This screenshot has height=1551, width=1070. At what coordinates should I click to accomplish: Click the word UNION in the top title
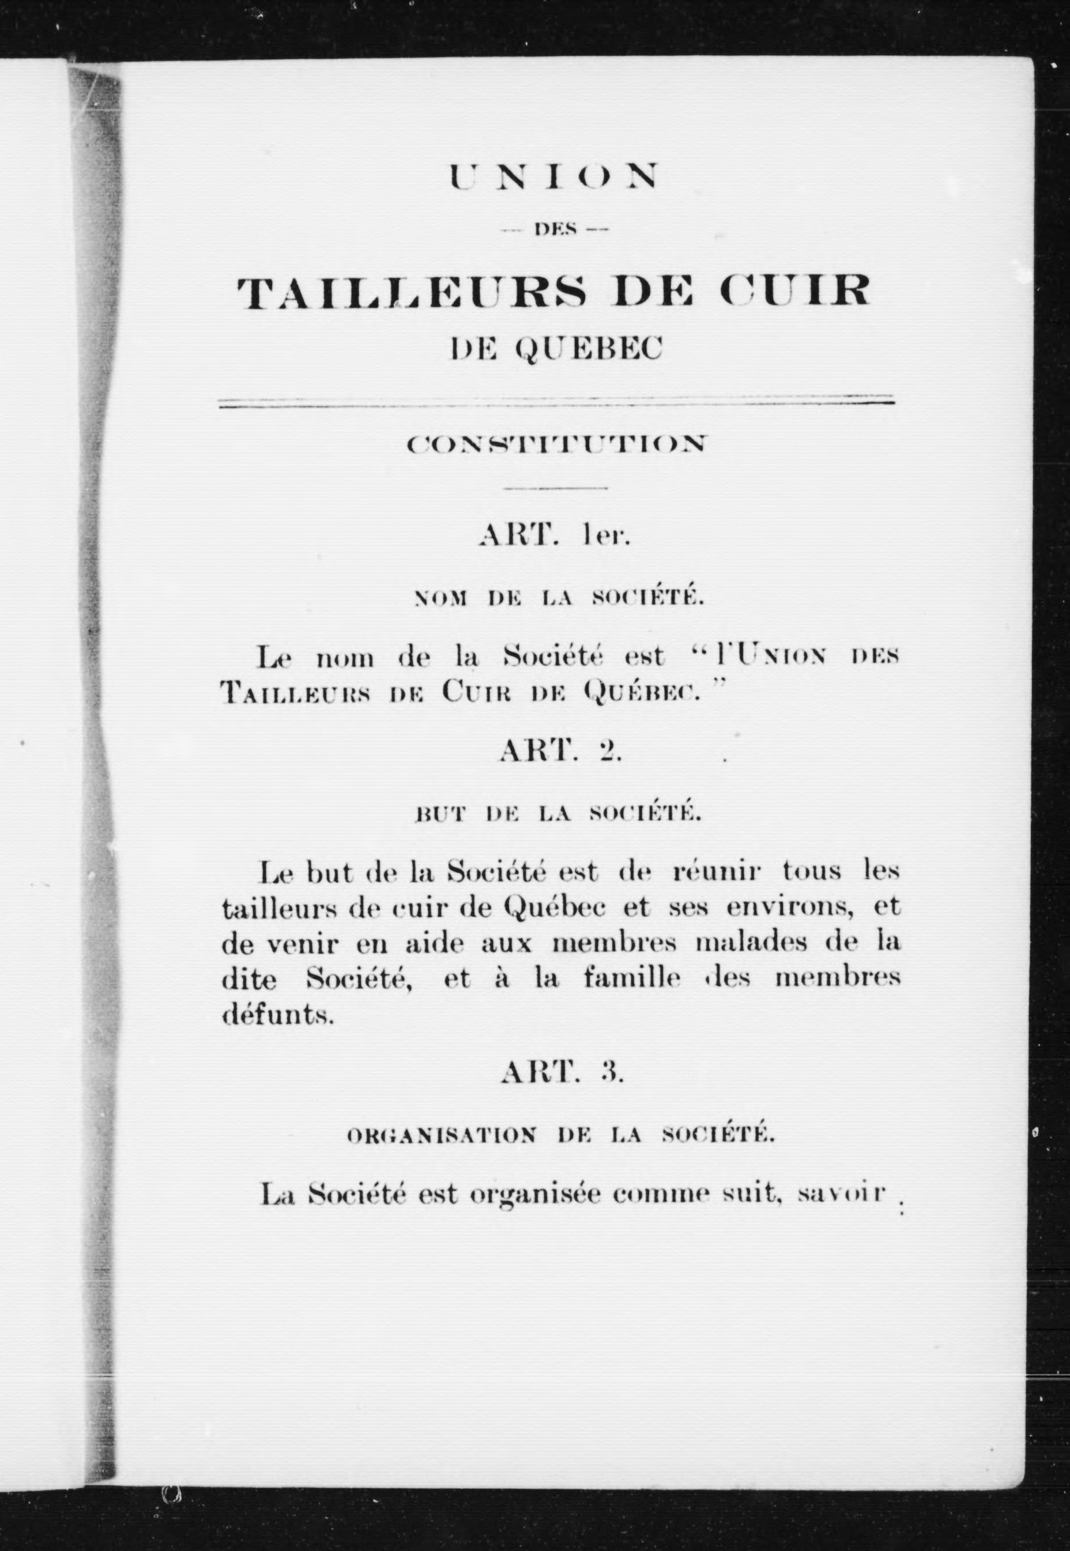(x=554, y=176)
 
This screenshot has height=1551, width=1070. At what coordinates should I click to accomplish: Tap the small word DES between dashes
(x=555, y=231)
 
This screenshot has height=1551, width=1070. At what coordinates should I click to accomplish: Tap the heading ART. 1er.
(x=555, y=538)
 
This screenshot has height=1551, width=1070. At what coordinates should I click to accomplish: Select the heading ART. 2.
(x=561, y=752)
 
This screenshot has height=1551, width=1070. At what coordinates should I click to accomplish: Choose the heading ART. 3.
(x=562, y=1073)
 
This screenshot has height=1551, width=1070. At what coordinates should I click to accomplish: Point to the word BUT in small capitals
(x=440, y=814)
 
